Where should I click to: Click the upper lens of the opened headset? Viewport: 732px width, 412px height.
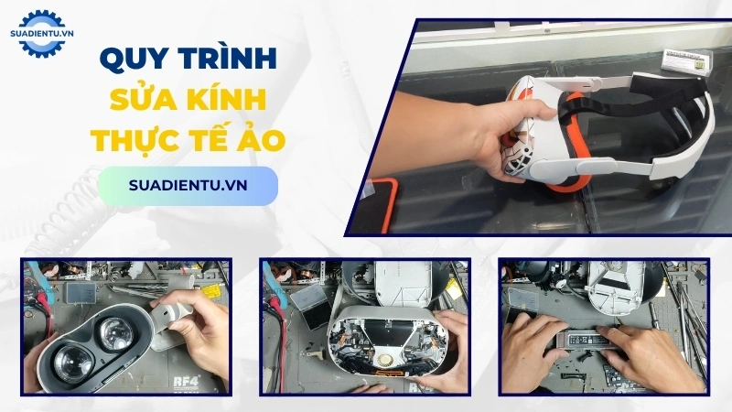point(124,332)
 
